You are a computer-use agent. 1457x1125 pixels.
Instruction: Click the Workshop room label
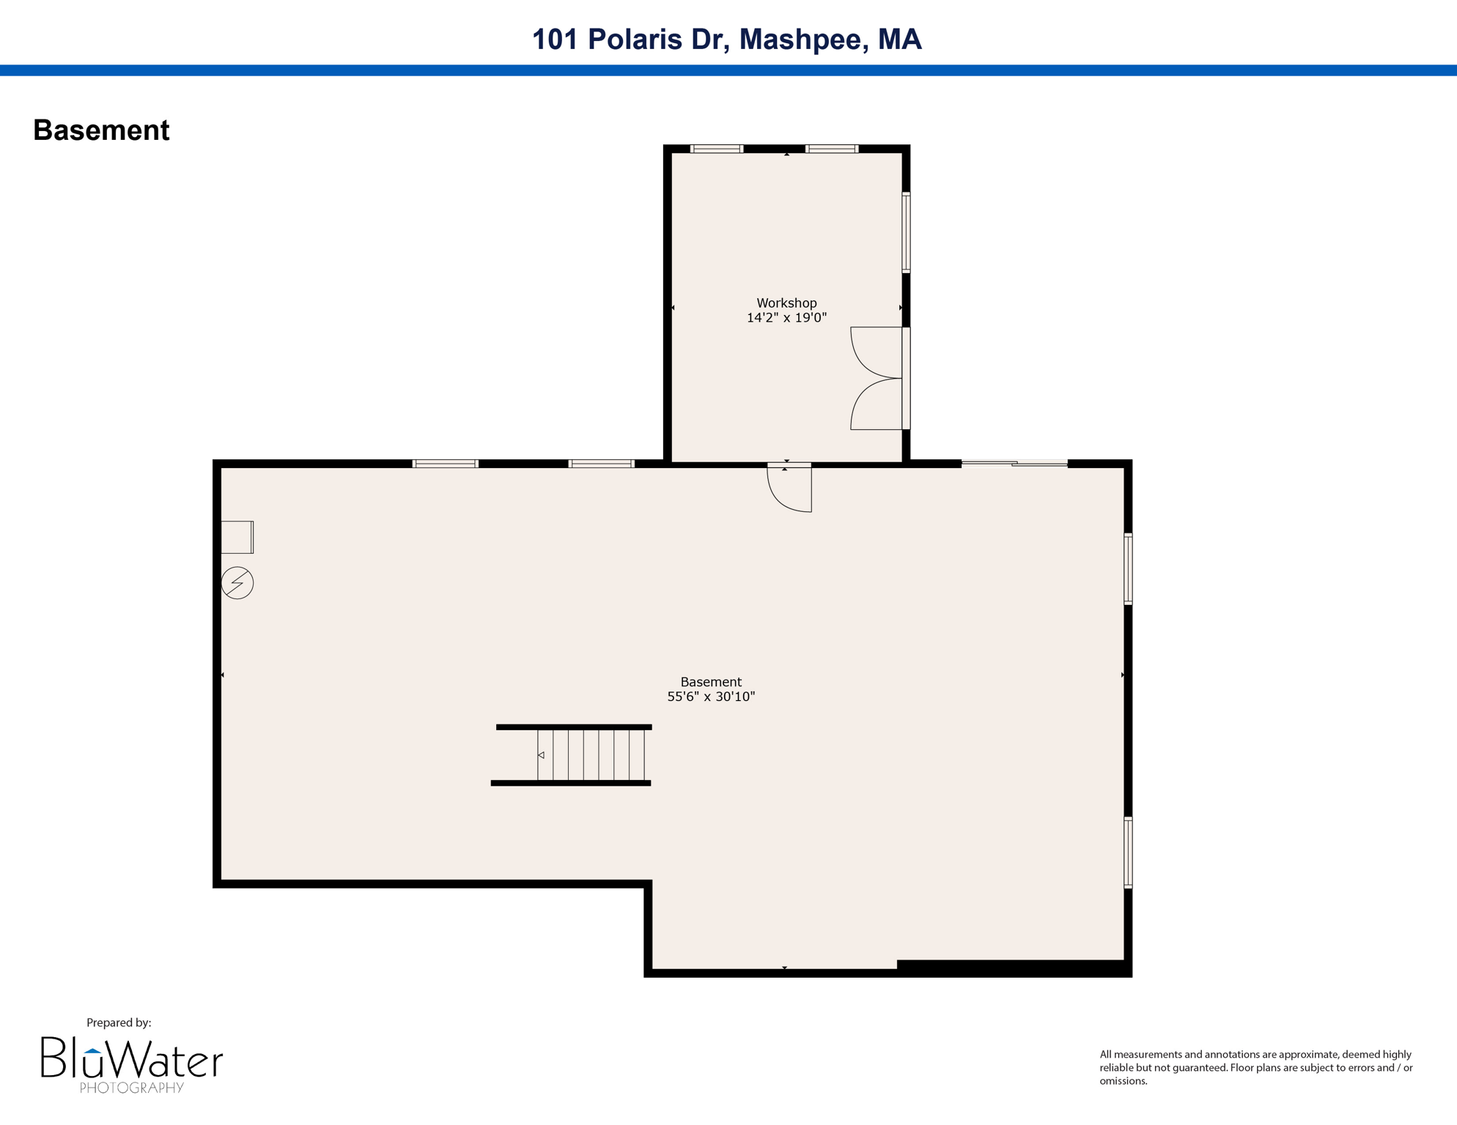pos(786,302)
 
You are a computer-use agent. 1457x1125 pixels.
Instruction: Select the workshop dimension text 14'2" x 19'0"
pos(786,318)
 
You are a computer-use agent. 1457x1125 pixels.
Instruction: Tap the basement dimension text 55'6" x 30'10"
pos(711,697)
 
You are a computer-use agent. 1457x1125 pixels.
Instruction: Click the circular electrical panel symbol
pos(237,583)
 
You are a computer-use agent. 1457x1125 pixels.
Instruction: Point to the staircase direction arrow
pos(541,755)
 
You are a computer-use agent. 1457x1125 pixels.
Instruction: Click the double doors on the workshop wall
pos(879,378)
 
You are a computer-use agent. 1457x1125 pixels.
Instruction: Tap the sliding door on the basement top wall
pos(1014,463)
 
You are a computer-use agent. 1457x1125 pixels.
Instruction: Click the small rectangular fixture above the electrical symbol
pos(237,537)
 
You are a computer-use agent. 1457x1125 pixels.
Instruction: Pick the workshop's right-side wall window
pos(906,232)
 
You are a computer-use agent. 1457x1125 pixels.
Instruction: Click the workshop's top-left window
pos(717,149)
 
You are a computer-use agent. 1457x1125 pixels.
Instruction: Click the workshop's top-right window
pos(832,149)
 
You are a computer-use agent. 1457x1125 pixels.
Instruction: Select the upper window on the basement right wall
pos(1128,569)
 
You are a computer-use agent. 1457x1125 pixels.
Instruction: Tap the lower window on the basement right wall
pos(1128,853)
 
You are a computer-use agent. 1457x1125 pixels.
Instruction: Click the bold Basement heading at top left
pos(101,130)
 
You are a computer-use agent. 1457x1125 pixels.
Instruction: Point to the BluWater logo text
pos(132,1059)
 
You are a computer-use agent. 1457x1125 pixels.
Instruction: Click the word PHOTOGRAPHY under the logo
pos(132,1088)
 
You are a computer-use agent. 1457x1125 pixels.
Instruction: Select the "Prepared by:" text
pos(119,1022)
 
